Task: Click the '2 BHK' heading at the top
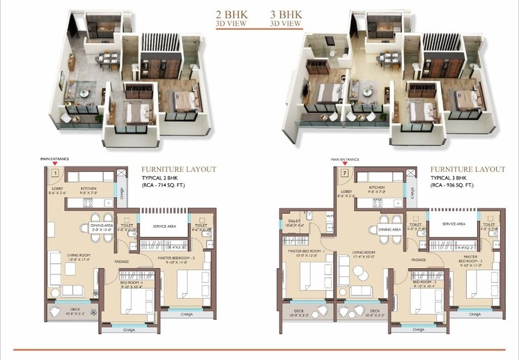pos(233,13)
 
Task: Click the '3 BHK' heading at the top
pos(286,13)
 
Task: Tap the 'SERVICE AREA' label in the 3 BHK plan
pos(454,224)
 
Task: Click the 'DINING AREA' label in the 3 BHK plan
pos(389,229)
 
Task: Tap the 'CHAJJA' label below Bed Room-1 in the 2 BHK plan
pos(130,330)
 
